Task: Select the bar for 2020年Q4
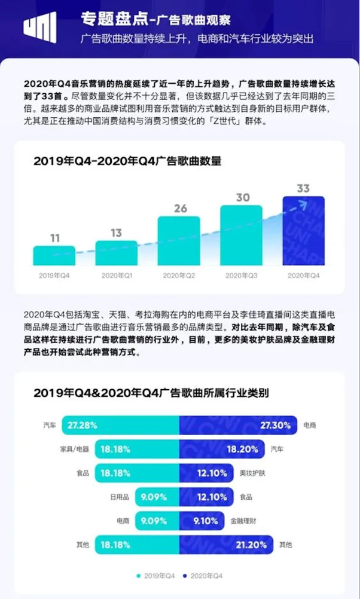[x=303, y=231]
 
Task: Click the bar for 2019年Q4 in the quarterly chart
[x=54, y=256]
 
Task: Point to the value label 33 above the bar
[x=303, y=188]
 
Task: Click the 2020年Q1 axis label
[x=117, y=275]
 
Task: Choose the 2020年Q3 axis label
[x=241, y=275]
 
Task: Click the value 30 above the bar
[x=242, y=197]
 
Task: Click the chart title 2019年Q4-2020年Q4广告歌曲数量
[x=127, y=161]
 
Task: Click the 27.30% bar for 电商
[x=238, y=426]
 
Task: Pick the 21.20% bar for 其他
[x=227, y=545]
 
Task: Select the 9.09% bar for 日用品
[x=157, y=497]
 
